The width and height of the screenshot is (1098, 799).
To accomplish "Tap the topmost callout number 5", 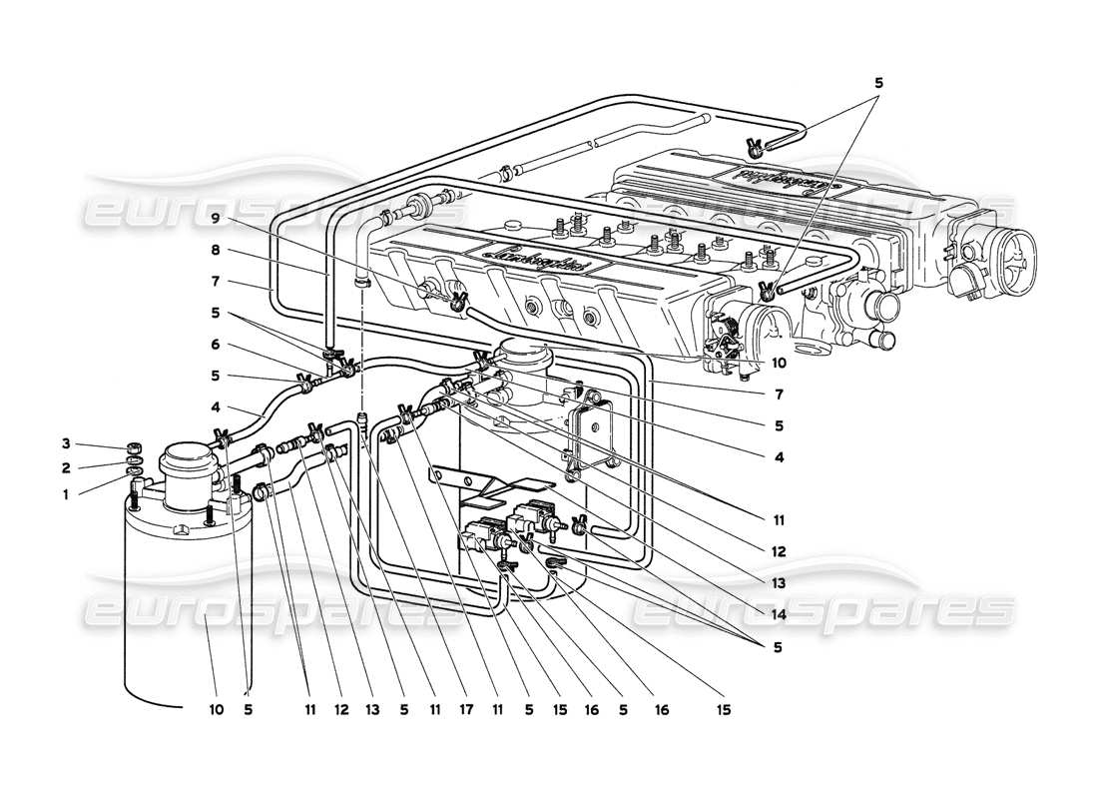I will (x=878, y=84).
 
